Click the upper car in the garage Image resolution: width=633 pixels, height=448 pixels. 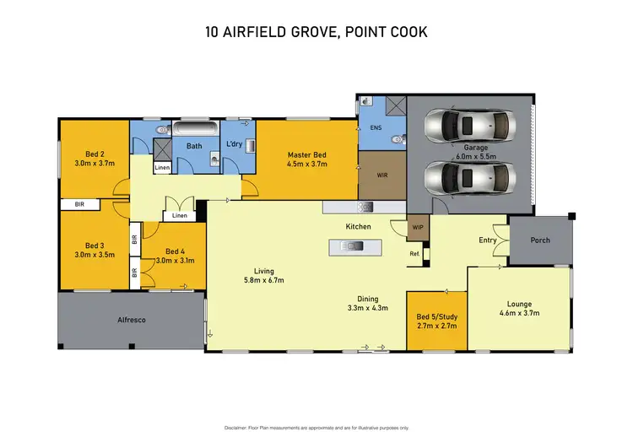click(x=470, y=126)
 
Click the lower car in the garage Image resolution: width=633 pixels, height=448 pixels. click(x=470, y=178)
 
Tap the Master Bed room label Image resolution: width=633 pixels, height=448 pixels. click(x=307, y=154)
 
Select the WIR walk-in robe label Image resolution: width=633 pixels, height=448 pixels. click(x=381, y=175)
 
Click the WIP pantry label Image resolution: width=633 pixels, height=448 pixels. click(x=418, y=227)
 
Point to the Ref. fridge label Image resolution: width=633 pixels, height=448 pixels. click(x=414, y=254)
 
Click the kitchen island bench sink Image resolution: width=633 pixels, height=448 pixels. click(x=352, y=246)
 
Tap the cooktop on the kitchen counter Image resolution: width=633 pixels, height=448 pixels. click(x=365, y=207)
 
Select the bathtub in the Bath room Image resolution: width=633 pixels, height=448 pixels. click(x=196, y=128)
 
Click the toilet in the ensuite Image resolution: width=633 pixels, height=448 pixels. click(x=398, y=140)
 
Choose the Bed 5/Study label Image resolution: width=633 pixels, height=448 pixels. click(x=437, y=317)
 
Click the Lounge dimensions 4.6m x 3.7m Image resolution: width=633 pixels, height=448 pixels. click(x=519, y=313)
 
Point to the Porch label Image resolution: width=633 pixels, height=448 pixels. click(x=540, y=240)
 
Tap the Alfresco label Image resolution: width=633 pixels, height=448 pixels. click(x=132, y=320)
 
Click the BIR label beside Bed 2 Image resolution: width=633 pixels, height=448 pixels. click(x=79, y=205)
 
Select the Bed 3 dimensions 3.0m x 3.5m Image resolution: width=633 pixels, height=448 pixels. click(x=95, y=255)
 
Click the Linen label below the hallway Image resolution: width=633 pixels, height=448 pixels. click(x=180, y=215)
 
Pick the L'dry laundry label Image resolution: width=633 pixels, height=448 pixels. click(x=234, y=143)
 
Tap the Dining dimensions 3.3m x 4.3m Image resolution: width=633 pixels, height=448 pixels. click(x=368, y=308)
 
